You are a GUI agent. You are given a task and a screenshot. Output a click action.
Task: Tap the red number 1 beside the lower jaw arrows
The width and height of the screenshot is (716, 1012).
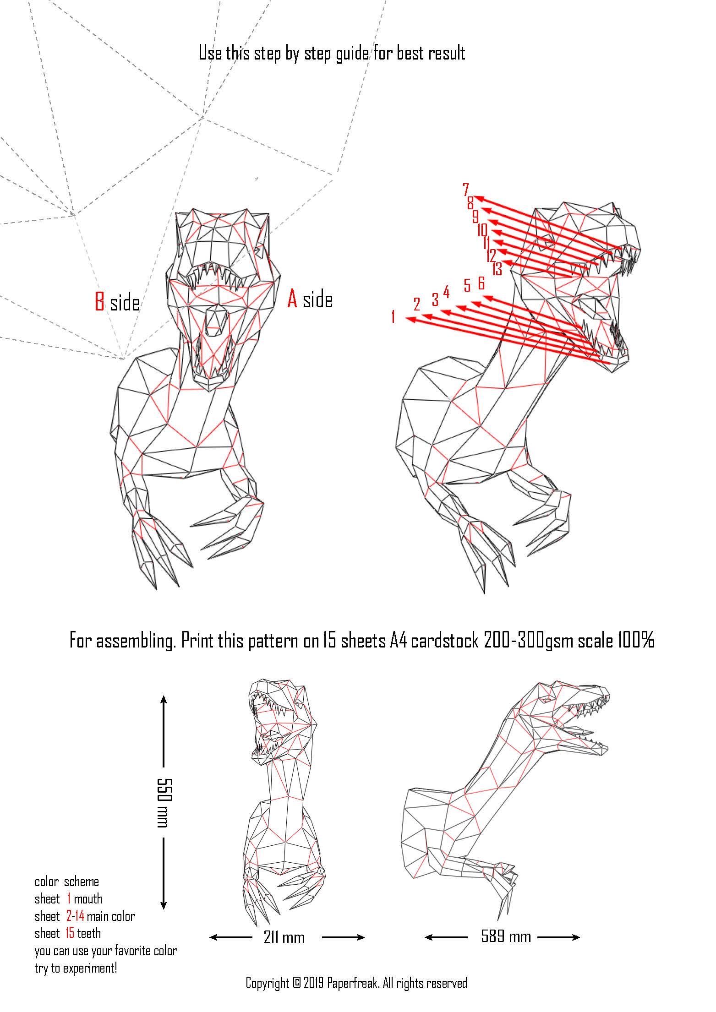coord(393,316)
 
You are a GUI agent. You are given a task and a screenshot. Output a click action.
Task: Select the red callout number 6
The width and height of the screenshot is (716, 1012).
coord(481,283)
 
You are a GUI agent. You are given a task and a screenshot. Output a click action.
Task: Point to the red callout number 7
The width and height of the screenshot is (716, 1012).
coord(466,189)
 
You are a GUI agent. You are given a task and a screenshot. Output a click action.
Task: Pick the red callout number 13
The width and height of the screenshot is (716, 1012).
coord(497,269)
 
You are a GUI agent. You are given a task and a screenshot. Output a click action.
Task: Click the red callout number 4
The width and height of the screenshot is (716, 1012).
coord(446,292)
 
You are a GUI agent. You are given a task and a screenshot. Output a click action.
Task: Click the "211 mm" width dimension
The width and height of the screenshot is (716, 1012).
coord(284,937)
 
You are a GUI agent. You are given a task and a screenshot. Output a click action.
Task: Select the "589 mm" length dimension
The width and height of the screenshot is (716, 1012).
coord(506,936)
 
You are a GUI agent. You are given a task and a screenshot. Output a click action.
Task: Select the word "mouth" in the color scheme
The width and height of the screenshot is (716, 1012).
coord(88,899)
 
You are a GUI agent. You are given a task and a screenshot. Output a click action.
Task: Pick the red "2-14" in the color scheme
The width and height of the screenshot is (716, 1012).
coord(75,916)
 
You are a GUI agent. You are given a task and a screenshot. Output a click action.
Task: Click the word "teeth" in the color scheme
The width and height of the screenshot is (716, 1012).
coord(89,933)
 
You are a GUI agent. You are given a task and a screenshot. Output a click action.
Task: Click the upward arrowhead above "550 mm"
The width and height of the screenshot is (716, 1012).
coord(164,700)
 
